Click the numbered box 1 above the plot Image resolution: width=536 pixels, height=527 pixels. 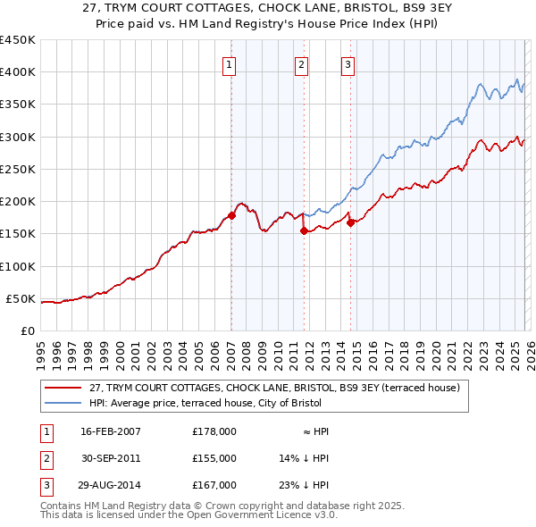coord(230,64)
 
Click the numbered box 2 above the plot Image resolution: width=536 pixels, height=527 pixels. coord(302,64)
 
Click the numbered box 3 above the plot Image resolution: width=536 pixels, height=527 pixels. coord(348,64)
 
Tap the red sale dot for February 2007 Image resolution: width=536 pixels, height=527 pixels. coord(231,215)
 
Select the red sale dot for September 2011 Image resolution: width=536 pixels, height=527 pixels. coord(304,230)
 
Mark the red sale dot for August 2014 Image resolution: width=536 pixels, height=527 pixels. coord(350,222)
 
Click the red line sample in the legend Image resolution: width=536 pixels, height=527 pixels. coord(63,388)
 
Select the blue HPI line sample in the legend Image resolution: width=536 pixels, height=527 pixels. coord(63,403)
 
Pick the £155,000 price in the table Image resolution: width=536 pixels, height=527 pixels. coord(214,458)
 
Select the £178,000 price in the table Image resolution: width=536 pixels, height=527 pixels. coord(214,431)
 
